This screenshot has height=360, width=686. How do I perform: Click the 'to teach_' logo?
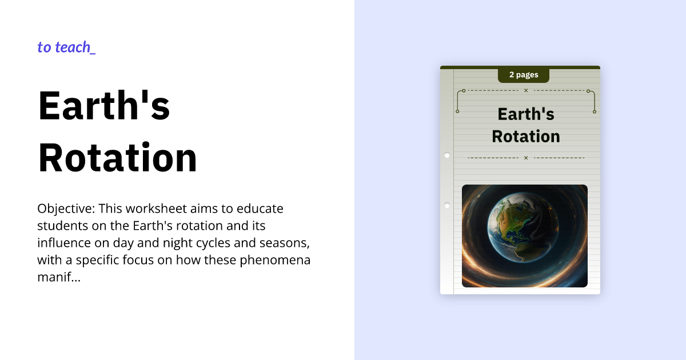click(66, 47)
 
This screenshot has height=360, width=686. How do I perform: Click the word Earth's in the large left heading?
click(104, 105)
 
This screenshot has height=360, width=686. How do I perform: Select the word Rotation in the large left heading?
click(118, 157)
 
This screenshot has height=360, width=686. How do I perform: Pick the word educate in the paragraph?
click(262, 209)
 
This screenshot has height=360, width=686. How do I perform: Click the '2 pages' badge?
click(524, 75)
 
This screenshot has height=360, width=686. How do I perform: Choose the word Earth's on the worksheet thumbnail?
click(526, 114)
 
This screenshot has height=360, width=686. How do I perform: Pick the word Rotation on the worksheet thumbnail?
click(526, 137)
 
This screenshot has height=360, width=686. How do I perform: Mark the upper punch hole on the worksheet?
click(447, 155)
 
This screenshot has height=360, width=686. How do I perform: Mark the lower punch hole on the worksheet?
click(447, 205)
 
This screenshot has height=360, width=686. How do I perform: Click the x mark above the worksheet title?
click(526, 90)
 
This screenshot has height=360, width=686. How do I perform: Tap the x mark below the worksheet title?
click(526, 158)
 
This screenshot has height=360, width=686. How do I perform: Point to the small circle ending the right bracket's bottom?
click(595, 111)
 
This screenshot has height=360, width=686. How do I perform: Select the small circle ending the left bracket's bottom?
click(457, 111)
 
